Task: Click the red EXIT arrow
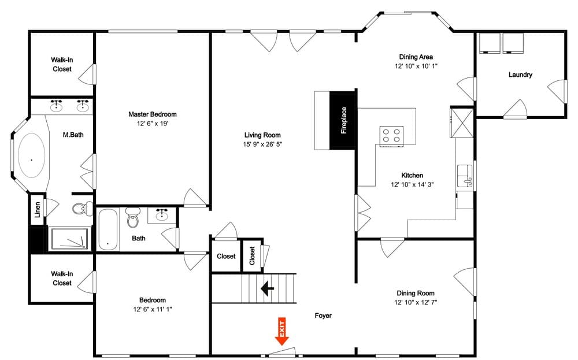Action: click(x=282, y=332)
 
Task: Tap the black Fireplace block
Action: click(x=342, y=120)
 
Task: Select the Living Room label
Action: click(x=263, y=135)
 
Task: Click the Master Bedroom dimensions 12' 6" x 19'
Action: click(x=153, y=124)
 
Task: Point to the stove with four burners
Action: click(x=391, y=136)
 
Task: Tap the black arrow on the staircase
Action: click(x=268, y=288)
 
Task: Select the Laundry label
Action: click(x=520, y=75)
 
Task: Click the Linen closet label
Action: click(x=38, y=209)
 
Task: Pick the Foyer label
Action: click(x=323, y=316)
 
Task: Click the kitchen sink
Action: click(x=464, y=173)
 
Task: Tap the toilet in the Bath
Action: click(x=133, y=220)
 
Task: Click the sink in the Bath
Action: click(x=162, y=216)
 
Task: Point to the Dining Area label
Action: click(x=416, y=57)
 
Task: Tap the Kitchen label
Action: click(x=412, y=175)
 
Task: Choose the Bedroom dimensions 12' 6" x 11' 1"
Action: click(x=153, y=309)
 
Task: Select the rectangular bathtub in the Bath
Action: click(x=108, y=230)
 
